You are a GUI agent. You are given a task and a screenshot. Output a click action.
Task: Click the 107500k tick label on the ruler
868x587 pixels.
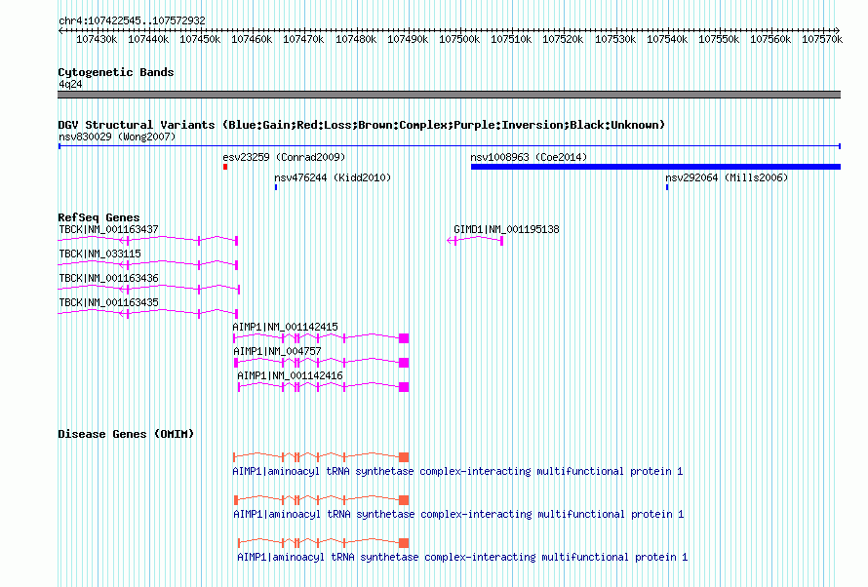click(x=459, y=39)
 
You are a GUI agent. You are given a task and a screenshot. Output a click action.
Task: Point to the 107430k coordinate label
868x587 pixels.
click(x=97, y=39)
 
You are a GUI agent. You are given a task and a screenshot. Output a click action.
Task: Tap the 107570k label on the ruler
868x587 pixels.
click(x=822, y=39)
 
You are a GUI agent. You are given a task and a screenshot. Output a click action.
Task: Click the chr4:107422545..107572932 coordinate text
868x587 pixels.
click(x=132, y=20)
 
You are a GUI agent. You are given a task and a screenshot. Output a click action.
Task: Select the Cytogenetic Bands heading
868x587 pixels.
click(x=116, y=72)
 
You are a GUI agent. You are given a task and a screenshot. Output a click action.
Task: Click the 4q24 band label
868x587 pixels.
click(x=70, y=84)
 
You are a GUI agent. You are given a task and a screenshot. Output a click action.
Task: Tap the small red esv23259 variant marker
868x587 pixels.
click(x=225, y=167)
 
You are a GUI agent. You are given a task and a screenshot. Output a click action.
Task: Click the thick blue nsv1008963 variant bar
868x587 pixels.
click(x=655, y=167)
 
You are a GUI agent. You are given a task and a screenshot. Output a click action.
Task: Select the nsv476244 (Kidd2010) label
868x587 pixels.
click(x=333, y=177)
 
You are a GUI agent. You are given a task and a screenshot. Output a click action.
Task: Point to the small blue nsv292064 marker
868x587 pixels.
click(x=667, y=187)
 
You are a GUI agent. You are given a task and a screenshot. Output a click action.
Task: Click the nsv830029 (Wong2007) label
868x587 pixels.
click(x=117, y=137)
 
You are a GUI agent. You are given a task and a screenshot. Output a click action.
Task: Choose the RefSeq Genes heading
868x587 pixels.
click(x=99, y=217)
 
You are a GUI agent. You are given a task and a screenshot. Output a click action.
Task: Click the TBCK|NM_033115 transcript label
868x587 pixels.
click(x=99, y=254)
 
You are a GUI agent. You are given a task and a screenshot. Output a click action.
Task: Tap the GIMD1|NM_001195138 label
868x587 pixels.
click(x=506, y=229)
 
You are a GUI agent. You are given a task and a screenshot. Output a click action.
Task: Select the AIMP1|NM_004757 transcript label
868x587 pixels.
click(x=277, y=351)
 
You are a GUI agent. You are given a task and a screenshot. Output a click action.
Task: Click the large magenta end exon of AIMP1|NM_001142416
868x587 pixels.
click(x=404, y=387)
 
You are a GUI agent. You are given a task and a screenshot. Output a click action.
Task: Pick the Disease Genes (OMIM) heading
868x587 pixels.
click(x=126, y=434)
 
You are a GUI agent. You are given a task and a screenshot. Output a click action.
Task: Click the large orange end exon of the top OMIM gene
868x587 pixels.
click(x=404, y=457)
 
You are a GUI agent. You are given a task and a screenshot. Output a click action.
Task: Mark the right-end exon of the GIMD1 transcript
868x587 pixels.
click(x=501, y=241)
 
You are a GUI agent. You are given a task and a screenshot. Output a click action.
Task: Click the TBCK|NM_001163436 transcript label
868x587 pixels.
click(x=108, y=278)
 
